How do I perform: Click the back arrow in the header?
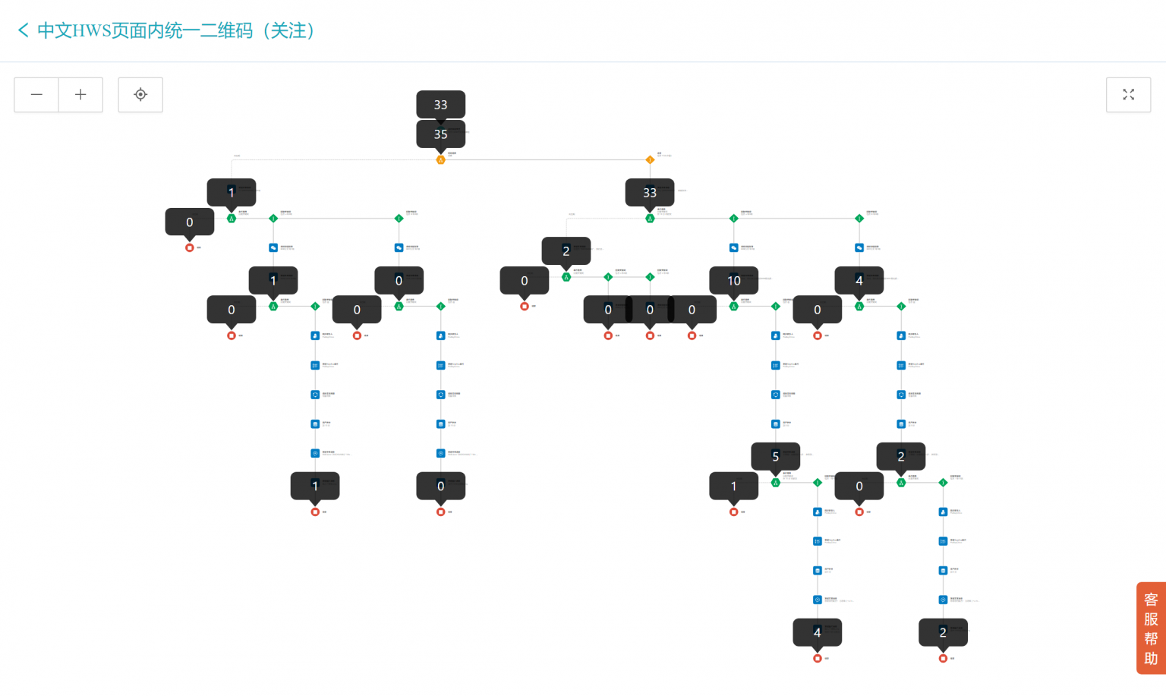(x=23, y=30)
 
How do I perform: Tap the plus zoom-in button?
(x=80, y=95)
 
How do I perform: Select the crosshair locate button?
(x=140, y=95)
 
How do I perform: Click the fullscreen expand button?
(x=1128, y=95)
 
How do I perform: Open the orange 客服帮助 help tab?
(x=1151, y=628)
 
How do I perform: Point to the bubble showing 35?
(x=440, y=134)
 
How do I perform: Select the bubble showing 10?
(x=733, y=280)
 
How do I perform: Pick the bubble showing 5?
(x=775, y=456)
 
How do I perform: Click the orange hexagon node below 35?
(x=440, y=160)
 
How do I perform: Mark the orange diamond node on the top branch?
(x=650, y=159)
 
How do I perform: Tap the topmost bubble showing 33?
(x=440, y=105)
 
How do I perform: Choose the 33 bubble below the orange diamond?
(x=650, y=192)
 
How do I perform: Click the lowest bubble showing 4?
(x=817, y=631)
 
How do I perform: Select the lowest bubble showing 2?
(x=943, y=631)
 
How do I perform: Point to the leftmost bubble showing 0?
(x=190, y=222)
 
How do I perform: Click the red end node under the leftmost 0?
(x=190, y=247)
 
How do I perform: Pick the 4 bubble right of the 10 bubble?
(x=859, y=280)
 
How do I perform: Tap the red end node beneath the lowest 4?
(x=817, y=658)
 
